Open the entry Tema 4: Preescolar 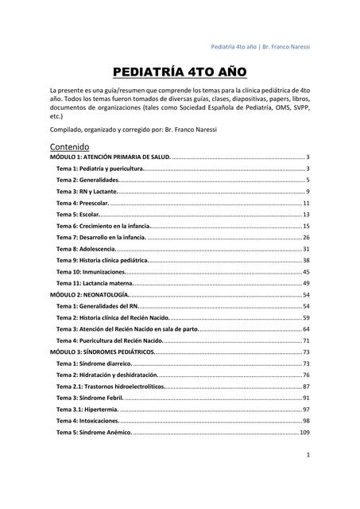77,204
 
